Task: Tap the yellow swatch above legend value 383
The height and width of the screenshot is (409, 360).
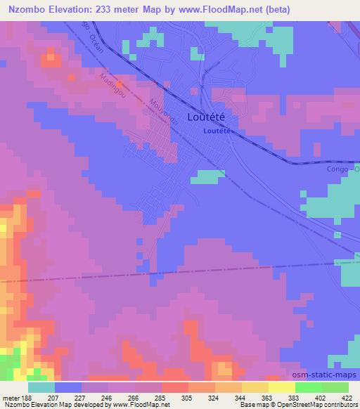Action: [x=281, y=387]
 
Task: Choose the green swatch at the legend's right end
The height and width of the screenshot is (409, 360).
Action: [x=335, y=387]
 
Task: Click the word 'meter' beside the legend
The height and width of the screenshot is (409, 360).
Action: [x=11, y=398]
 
